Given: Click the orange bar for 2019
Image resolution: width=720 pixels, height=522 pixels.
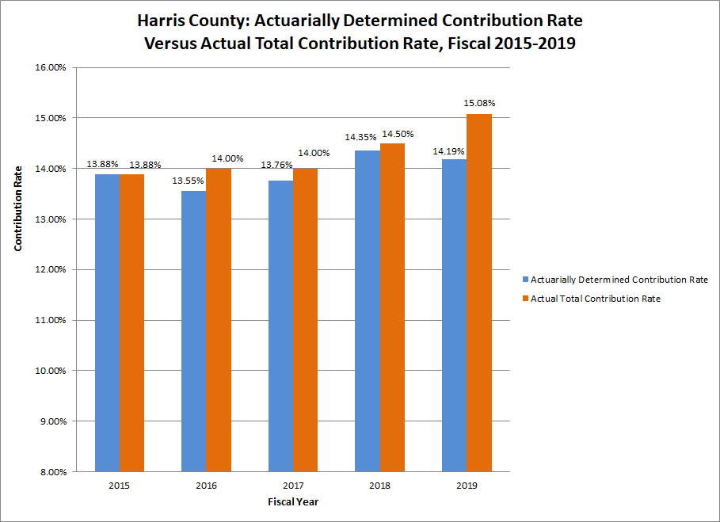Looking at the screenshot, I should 478,293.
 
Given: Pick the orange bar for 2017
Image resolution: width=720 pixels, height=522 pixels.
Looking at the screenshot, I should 305,320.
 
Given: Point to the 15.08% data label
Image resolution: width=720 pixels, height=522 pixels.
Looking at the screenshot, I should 478,103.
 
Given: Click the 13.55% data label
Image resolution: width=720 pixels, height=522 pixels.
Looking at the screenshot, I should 189,180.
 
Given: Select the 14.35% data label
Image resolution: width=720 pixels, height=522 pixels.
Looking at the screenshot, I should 361,138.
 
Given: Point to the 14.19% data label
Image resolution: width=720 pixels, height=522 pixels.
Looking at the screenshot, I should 448,151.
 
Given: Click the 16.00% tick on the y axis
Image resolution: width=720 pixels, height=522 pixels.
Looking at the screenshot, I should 51,67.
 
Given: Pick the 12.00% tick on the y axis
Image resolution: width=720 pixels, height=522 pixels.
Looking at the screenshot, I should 51,269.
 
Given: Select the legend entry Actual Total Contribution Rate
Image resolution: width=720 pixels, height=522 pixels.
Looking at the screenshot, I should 595,299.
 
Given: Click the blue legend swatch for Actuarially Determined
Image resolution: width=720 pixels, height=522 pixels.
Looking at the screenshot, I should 525,280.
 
